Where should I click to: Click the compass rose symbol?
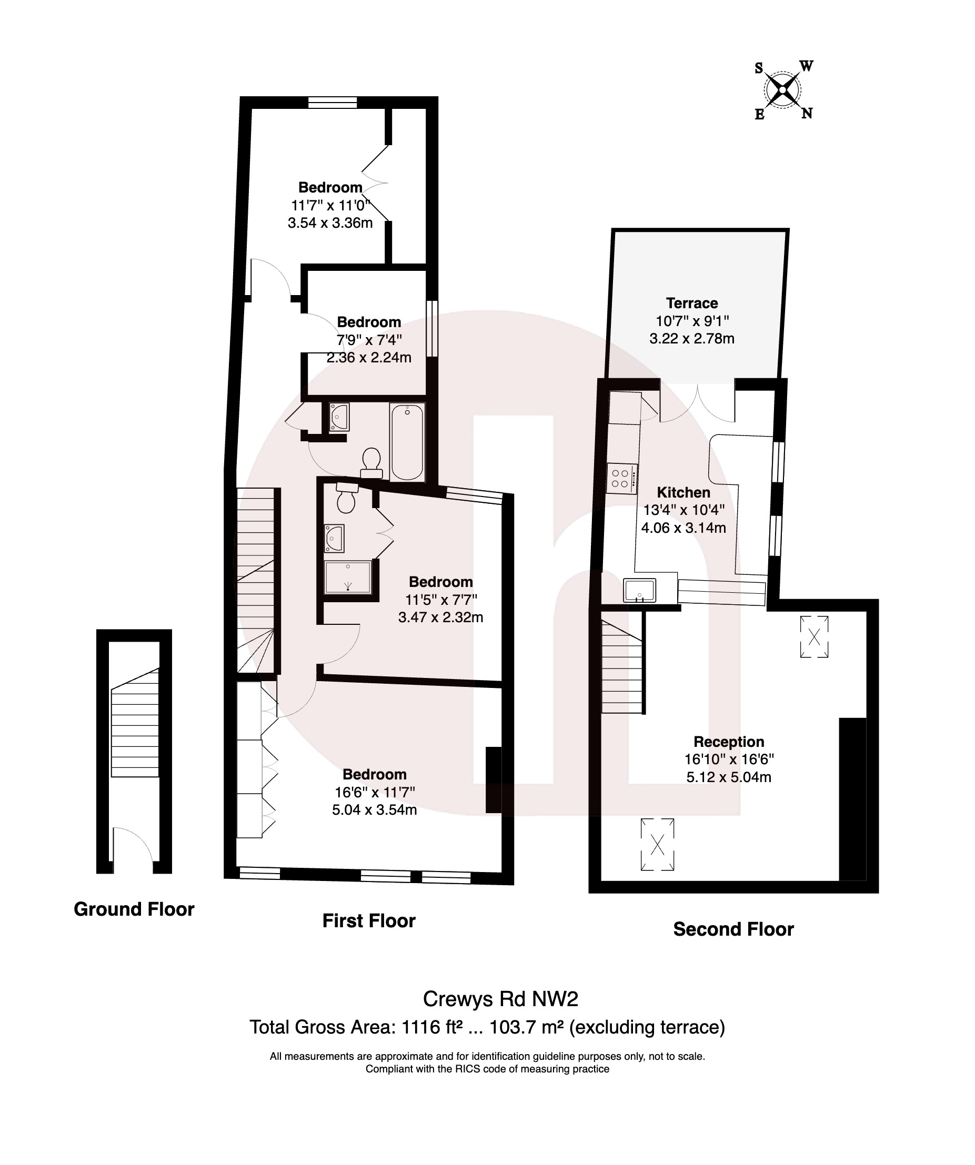[x=782, y=90]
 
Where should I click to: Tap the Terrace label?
[x=691, y=303]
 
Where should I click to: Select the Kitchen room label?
[x=683, y=492]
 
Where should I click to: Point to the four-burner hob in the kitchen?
[x=621, y=478]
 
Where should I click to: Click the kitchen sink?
[x=639, y=590]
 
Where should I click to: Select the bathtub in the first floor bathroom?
[x=407, y=442]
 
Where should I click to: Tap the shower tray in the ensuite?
[x=348, y=577]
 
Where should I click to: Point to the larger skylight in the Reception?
[x=657, y=844]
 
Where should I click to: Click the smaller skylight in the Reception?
[x=813, y=637]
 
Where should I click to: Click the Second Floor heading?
[x=733, y=929]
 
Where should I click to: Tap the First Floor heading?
[x=368, y=920]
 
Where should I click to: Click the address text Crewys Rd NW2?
[x=500, y=999]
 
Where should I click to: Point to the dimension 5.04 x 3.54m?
[x=374, y=809]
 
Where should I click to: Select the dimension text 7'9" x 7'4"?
[x=368, y=340]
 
